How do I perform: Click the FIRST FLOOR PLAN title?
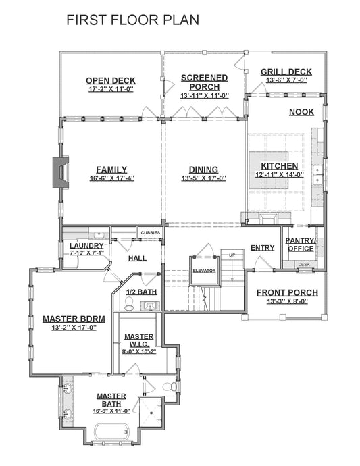pyautogui.click(x=132, y=20)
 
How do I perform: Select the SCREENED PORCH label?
pyautogui.click(x=204, y=82)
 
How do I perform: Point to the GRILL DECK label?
pyautogui.click(x=286, y=72)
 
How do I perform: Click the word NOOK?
pyautogui.click(x=301, y=112)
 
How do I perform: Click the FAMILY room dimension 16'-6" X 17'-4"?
pyautogui.click(x=111, y=178)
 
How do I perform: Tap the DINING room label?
pyautogui.click(x=203, y=170)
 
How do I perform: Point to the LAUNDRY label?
pyautogui.click(x=86, y=246)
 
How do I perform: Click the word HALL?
pyautogui.click(x=138, y=258)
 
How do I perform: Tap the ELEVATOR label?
pyautogui.click(x=203, y=270)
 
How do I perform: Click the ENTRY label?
pyautogui.click(x=262, y=248)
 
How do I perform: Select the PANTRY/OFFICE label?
pyautogui.click(x=300, y=244)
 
